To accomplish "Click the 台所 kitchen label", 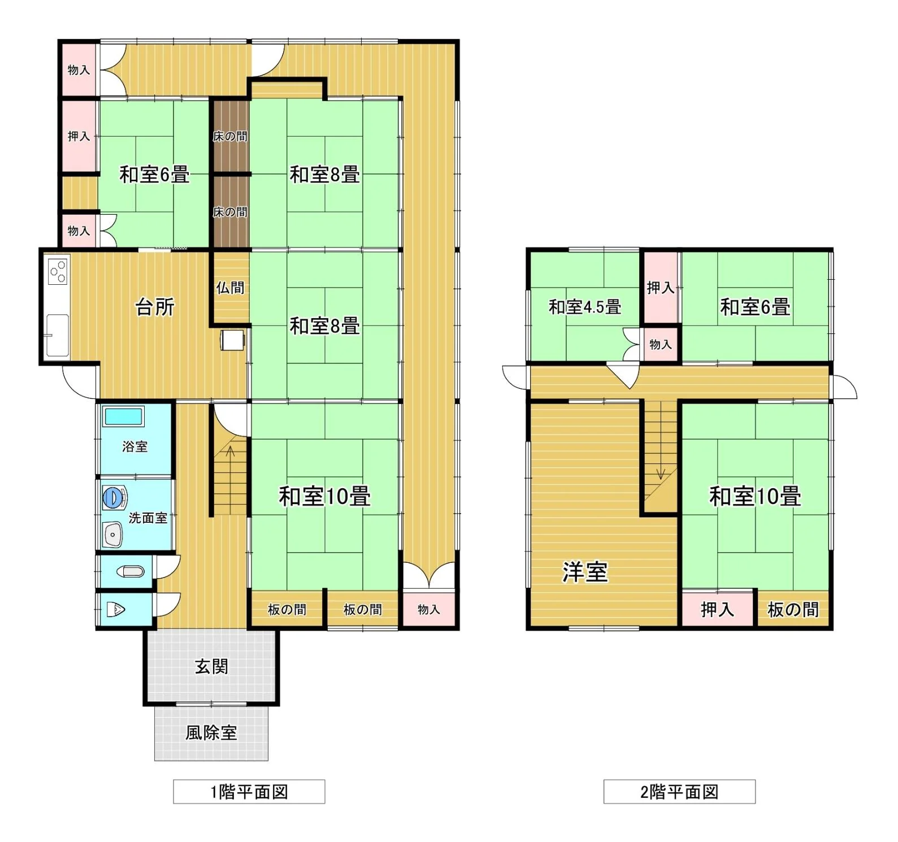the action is [155, 307].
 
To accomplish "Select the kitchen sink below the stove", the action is [57, 335].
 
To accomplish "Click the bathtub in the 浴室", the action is [123, 416].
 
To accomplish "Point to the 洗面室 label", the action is [148, 518].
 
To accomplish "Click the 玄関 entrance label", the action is [211, 666].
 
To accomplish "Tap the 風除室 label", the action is [211, 732].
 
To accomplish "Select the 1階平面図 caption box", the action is [249, 792].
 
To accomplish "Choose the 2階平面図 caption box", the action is [679, 792].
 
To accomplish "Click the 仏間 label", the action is [231, 288].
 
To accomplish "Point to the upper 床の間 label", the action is [230, 136].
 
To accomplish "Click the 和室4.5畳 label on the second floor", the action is [585, 307].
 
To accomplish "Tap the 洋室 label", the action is [585, 572].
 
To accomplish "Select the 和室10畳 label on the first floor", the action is [325, 496].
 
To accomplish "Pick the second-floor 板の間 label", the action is [793, 609].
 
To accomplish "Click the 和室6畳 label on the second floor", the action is [755, 307].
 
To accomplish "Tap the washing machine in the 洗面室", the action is [115, 498].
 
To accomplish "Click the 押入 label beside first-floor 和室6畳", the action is [79, 136].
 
